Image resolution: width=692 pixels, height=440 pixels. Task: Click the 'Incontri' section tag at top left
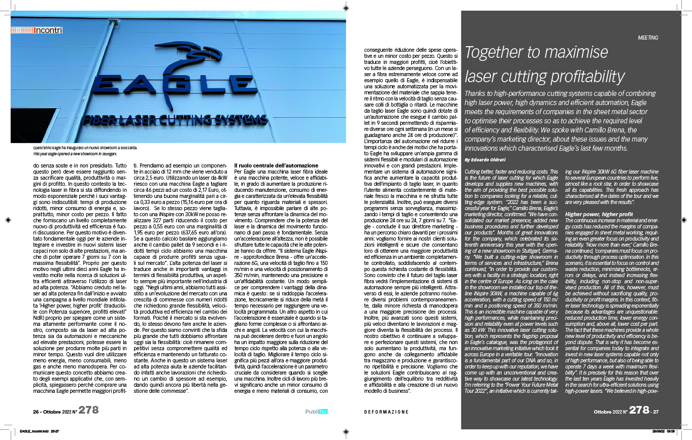click(x=48, y=30)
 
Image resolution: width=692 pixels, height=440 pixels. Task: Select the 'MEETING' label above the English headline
click(x=648, y=38)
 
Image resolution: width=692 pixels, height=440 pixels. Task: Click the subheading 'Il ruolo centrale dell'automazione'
click(x=276, y=166)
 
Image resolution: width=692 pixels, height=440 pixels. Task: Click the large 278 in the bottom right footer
click(x=639, y=411)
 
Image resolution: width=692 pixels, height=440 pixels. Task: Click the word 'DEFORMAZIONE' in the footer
click(x=386, y=412)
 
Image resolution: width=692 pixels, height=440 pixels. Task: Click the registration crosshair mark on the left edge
click(x=7, y=220)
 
